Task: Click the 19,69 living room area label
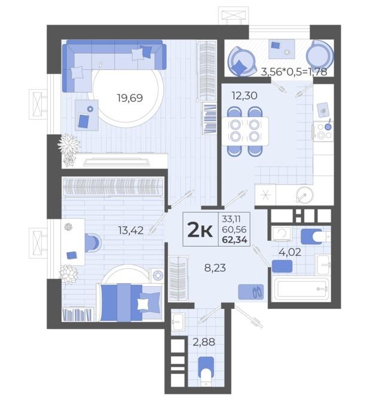coord(130,98)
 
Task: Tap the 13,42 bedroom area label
coord(131,230)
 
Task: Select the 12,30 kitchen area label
coord(244,96)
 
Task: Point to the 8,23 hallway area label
coord(215,268)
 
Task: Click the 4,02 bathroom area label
coord(290,252)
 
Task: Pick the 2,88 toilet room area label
coord(204,342)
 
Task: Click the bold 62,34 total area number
coord(235,240)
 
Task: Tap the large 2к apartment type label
coord(200,230)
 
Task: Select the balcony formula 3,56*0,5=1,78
coord(294,72)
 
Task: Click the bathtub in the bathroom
coord(301,289)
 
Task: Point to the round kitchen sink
coord(304,195)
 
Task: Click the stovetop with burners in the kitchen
coord(323,131)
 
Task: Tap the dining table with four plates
coord(245,131)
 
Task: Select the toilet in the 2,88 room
coord(206,371)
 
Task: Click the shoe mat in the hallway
coord(251,292)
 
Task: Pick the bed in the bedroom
coord(130,302)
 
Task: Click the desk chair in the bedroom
coord(93,243)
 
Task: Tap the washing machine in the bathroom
coord(282,234)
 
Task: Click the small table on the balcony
coord(282,49)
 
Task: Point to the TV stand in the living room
coord(115,161)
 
